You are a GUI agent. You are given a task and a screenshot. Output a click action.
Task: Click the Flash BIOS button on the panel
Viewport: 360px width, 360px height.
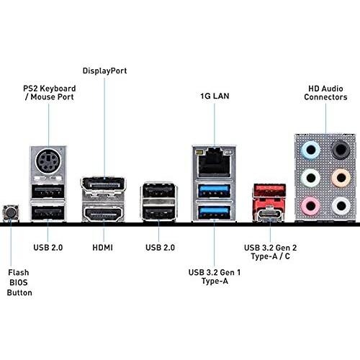(11, 213)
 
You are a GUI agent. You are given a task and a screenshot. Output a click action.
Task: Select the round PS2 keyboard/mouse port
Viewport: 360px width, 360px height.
(48, 161)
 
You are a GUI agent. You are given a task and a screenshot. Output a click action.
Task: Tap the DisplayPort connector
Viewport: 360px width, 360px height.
(103, 185)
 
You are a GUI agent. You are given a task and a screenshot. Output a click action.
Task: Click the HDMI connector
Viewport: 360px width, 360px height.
(103, 213)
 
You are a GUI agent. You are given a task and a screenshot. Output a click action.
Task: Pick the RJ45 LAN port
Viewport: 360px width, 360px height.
(214, 162)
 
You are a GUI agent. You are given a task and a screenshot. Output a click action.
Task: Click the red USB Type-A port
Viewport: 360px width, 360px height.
(270, 190)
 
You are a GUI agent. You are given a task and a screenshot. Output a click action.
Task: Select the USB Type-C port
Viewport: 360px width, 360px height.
(270, 213)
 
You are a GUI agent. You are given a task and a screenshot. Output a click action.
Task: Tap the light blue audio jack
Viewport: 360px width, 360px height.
(310, 150)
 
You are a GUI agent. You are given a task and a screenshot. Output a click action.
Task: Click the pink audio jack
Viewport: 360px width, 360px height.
(310, 206)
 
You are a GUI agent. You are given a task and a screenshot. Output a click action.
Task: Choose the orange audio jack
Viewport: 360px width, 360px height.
(341, 178)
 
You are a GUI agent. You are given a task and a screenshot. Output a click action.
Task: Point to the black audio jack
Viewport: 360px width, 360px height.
(341, 150)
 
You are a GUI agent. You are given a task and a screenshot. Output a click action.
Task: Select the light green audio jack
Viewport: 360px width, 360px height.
(310, 178)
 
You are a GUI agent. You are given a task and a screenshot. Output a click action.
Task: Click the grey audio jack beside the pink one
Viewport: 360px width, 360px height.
(341, 206)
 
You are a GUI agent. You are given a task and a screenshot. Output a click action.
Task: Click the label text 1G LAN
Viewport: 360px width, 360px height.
(215, 96)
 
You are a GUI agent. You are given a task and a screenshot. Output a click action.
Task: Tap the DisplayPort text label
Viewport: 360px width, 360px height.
(104, 71)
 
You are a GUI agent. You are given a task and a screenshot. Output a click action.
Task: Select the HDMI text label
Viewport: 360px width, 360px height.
(102, 248)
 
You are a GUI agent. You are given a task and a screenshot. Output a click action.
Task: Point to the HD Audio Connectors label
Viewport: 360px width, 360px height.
(325, 93)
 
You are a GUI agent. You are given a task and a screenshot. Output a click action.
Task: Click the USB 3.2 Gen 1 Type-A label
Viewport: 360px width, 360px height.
(215, 276)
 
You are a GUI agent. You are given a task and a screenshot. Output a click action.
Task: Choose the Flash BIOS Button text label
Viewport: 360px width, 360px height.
(19, 282)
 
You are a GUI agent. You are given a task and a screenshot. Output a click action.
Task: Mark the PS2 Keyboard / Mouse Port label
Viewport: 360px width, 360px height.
(50, 93)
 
